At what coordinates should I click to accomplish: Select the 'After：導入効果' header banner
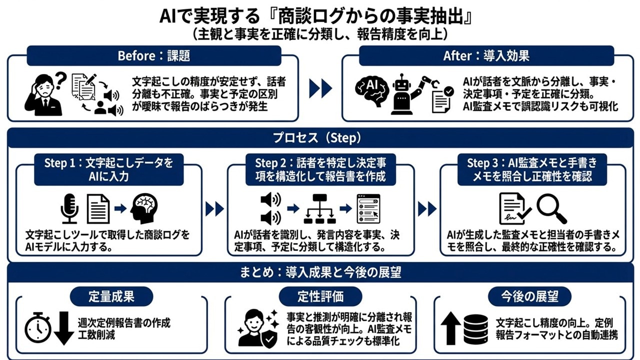click(486, 55)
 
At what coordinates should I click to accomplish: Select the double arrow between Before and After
click(320, 88)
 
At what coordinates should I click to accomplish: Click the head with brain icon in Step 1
click(143, 207)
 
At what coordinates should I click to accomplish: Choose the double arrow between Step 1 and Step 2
click(214, 208)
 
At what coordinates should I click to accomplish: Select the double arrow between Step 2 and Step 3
click(427, 208)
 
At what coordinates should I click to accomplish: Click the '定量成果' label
click(111, 296)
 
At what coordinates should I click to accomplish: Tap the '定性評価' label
click(320, 296)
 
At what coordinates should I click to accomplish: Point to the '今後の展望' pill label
click(529, 296)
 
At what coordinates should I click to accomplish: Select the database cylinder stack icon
click(475, 329)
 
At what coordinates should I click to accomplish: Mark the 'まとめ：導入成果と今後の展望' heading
click(320, 273)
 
